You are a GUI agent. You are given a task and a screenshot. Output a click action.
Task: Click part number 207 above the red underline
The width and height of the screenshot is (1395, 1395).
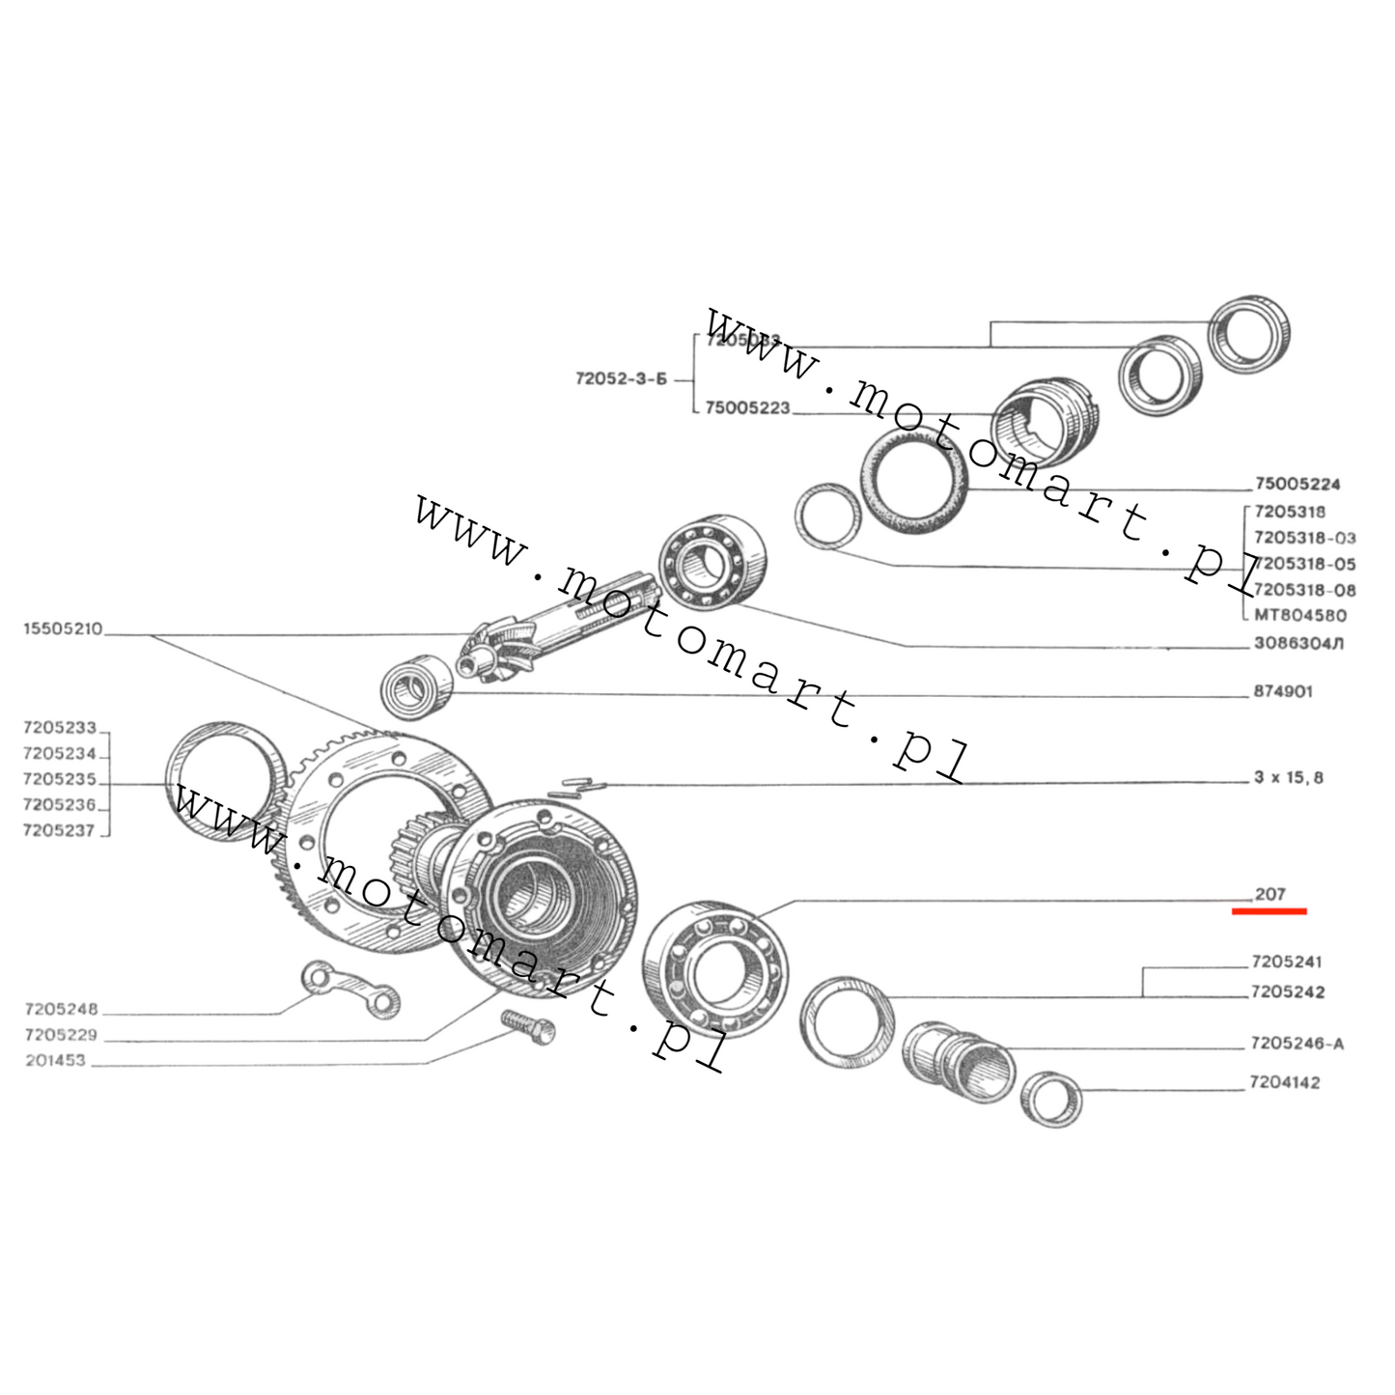(x=1269, y=894)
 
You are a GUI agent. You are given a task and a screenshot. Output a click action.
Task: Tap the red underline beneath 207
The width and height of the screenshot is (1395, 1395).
(x=1269, y=910)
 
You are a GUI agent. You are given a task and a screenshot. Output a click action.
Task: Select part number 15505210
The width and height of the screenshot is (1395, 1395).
(x=62, y=629)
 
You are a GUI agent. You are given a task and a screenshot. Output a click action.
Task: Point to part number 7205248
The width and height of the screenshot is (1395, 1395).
(x=61, y=1009)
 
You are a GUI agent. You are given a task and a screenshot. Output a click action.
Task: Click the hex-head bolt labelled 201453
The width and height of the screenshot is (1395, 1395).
(x=528, y=1026)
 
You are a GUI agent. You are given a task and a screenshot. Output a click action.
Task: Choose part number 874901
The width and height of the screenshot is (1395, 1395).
(x=1282, y=692)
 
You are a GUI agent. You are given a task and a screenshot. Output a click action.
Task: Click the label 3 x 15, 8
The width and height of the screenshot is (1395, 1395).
(x=1288, y=777)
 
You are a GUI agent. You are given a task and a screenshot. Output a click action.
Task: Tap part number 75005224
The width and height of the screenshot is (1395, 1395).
(x=1297, y=484)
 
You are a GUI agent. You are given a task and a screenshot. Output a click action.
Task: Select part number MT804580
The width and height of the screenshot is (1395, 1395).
(x=1299, y=615)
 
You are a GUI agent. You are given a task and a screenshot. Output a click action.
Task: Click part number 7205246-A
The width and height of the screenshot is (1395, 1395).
(x=1296, y=1044)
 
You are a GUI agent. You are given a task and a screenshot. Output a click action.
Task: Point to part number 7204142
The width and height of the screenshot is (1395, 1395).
(x=1284, y=1082)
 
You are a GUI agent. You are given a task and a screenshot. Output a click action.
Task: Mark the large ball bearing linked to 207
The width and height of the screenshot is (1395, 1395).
(x=715, y=969)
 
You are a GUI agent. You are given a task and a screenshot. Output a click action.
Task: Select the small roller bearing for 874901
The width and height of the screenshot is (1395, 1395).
(x=416, y=687)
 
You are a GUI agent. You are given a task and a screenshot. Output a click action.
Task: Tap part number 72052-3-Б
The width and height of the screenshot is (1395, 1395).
(x=621, y=379)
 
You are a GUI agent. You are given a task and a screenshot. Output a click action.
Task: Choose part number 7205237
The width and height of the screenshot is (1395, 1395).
(x=59, y=830)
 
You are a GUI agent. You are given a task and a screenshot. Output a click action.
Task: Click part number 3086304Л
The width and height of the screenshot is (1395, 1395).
(x=1297, y=643)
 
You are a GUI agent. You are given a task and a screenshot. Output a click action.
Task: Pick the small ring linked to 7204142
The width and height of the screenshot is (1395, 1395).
(x=1051, y=1099)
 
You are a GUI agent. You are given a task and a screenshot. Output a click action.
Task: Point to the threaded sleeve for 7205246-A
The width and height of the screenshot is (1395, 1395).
(x=958, y=1062)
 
